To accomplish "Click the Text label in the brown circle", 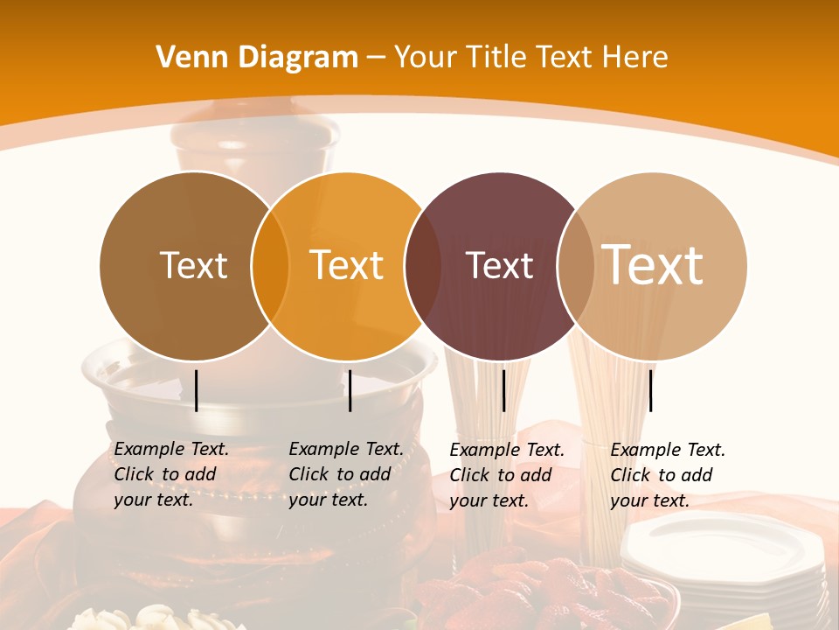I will (x=193, y=265).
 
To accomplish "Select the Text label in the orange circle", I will (x=346, y=265).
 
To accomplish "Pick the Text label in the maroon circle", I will (x=499, y=265).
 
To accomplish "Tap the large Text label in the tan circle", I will (x=652, y=264).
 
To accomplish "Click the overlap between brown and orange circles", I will (x=270, y=266).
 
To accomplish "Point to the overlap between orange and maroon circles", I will (x=423, y=266).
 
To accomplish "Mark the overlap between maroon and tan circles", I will (x=576, y=266).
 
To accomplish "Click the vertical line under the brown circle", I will (x=196, y=390).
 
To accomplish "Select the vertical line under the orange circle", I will (x=350, y=390).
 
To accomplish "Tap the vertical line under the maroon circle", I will (x=503, y=390).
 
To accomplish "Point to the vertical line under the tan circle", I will (x=650, y=390).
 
